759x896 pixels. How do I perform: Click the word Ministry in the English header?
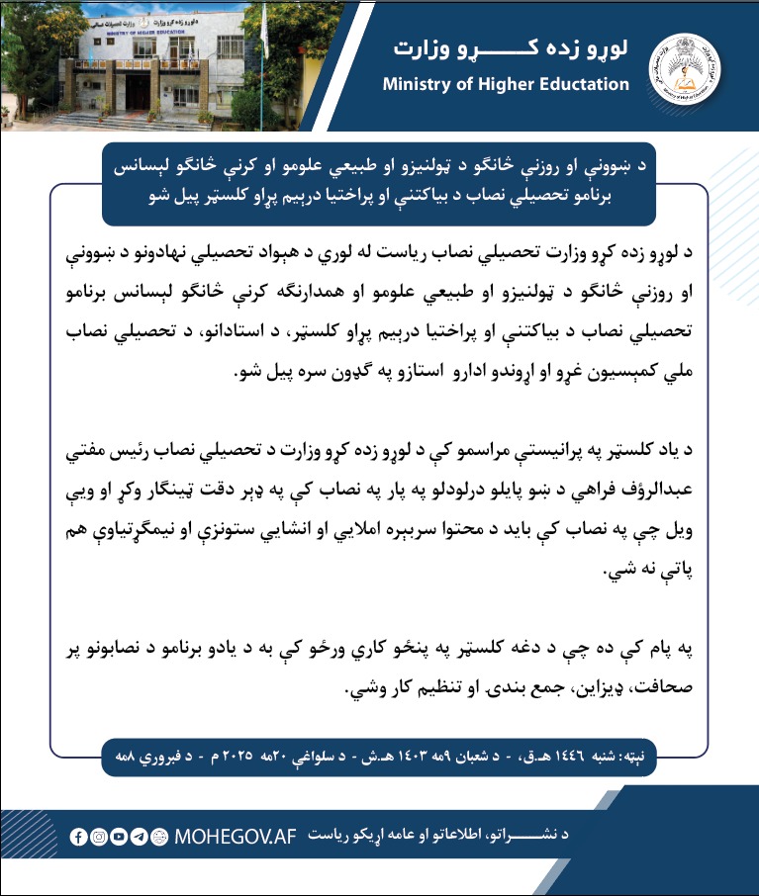pos(417,84)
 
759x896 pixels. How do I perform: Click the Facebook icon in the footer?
pos(79,837)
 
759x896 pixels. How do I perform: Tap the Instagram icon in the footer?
pos(99,837)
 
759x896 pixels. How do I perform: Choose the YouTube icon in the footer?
pos(119,837)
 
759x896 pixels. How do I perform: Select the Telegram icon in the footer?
pos(140,837)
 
